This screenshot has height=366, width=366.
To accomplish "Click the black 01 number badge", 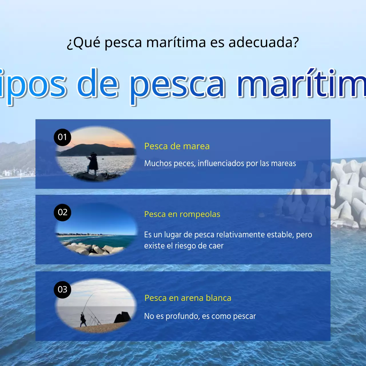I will coord(62,137).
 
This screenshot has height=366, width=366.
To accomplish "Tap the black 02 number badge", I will coord(62,212).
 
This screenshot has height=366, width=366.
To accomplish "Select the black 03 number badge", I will coord(62,290).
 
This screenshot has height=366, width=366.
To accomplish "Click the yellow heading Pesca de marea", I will coord(177,146).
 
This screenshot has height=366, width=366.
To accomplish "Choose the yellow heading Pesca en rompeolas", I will coord(182,214).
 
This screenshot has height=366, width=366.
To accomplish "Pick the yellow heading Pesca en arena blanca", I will coord(188,298).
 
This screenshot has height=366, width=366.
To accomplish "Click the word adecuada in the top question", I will coord(263,42).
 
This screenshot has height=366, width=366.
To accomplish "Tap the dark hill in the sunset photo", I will coord(94,149).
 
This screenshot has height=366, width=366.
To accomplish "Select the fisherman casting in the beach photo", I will coord(83,320).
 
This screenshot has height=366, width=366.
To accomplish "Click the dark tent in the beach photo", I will coord(123,317).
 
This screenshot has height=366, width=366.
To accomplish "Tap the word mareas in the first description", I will coord(283,163).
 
